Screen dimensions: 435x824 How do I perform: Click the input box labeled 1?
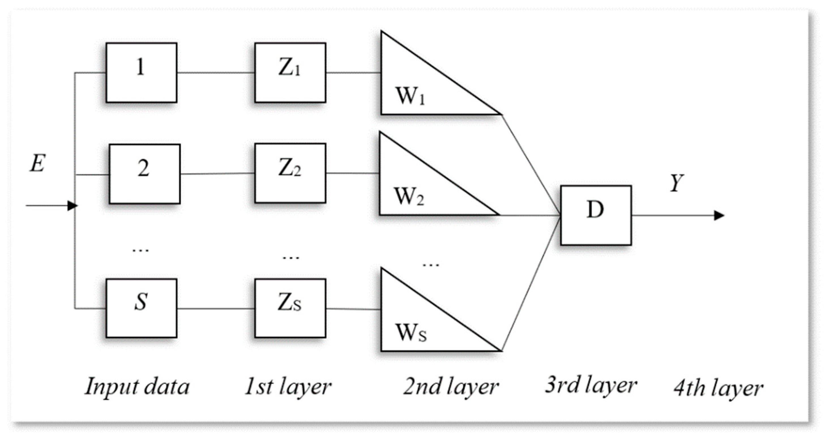tap(141, 73)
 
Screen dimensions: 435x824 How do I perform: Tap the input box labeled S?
tap(141, 308)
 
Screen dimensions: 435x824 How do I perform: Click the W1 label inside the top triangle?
tap(410, 96)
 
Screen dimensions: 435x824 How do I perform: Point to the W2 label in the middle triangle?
tap(409, 197)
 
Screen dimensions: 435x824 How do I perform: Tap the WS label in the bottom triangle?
tap(411, 333)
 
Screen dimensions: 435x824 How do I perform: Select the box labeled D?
tap(595, 215)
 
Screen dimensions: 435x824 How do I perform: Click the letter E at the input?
tap(37, 164)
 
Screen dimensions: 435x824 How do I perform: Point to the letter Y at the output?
tap(676, 183)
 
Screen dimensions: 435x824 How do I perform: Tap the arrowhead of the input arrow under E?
tap(72, 205)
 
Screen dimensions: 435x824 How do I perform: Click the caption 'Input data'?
tap(137, 387)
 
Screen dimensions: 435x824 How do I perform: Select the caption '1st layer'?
tap(288, 387)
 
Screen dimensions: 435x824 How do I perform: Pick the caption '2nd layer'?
tap(451, 387)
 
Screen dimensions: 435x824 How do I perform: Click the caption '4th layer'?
tap(718, 389)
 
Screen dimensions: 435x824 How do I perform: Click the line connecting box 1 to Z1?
tap(216, 73)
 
